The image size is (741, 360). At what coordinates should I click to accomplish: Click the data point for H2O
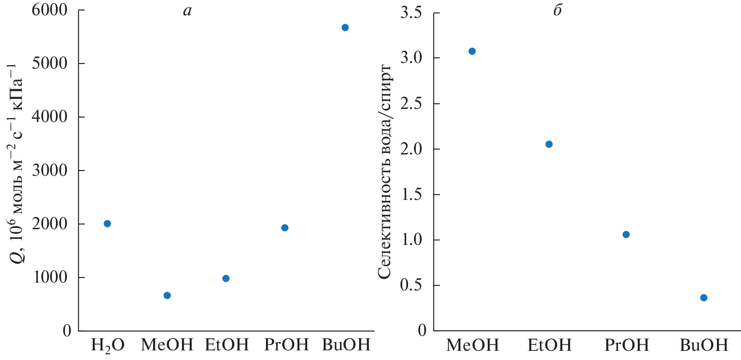[x=107, y=224]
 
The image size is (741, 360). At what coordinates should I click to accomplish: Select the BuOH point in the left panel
[x=345, y=28]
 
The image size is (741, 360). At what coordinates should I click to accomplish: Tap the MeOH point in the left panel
[x=167, y=296]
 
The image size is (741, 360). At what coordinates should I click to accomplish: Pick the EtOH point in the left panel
[x=226, y=279]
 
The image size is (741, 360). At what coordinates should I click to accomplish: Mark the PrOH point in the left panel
[x=285, y=228]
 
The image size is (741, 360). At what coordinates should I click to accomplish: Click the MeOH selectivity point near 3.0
[x=472, y=51]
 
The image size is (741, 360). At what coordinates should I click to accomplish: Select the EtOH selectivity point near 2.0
[x=549, y=144]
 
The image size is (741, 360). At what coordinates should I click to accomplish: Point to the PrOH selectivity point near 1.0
[x=626, y=234]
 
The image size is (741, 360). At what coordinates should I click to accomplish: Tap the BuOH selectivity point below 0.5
[x=704, y=298]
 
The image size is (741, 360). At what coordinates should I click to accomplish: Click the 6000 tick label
[x=49, y=10]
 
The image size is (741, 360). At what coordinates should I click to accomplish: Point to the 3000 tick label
[x=49, y=170]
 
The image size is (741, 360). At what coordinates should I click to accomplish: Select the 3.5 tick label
[x=411, y=13]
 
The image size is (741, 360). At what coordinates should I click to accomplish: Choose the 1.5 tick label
[x=411, y=195]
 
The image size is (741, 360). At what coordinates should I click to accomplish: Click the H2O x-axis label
[x=108, y=346]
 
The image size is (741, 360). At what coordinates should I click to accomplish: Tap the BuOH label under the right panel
[x=704, y=346]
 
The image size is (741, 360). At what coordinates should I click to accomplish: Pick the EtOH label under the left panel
[x=227, y=345]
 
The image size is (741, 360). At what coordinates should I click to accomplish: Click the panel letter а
[x=187, y=10]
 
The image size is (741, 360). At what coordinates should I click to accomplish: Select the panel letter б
[x=557, y=10]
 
